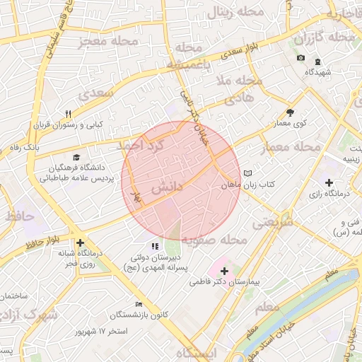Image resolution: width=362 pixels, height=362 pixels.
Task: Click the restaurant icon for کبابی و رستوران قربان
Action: [69, 114]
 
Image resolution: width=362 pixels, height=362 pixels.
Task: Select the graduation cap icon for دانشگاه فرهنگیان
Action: [76, 158]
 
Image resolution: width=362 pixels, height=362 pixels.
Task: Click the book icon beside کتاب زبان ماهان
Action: [247, 173]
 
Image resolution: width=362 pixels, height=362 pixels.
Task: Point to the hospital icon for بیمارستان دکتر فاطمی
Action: [225, 271]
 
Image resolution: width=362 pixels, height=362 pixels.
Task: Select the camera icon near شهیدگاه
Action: [300, 57]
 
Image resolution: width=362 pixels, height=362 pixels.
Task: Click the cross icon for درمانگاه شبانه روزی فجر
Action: [80, 242]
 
